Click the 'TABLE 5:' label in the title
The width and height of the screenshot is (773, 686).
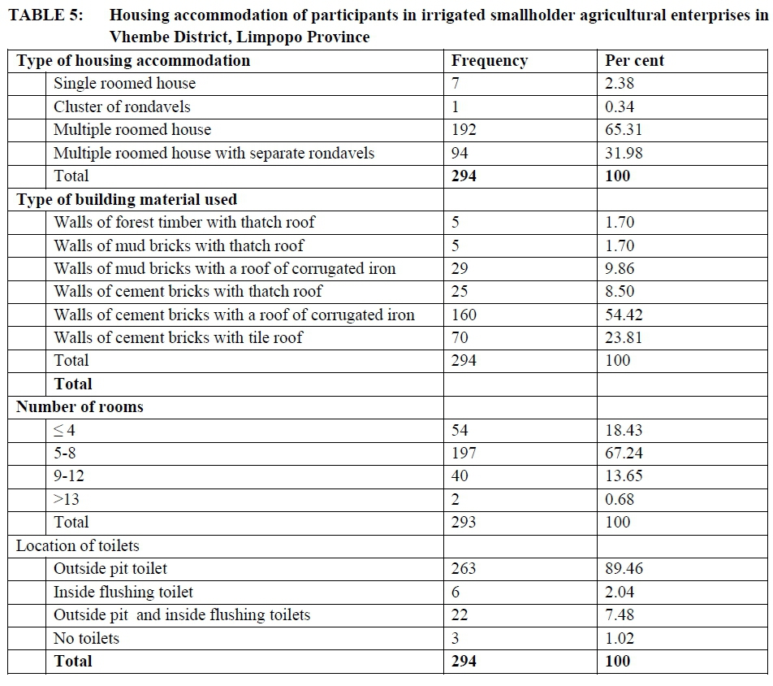tap(45, 15)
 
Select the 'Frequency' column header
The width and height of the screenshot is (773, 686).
tap(490, 61)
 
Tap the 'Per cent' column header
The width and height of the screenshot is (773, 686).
tap(634, 61)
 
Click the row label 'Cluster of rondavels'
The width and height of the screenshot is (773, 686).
tap(122, 106)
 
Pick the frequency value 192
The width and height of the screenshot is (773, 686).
tap(464, 130)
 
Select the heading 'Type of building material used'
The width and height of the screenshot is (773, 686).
tap(127, 200)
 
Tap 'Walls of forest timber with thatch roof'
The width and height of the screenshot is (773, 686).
tap(184, 222)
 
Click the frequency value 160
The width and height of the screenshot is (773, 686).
tap(464, 315)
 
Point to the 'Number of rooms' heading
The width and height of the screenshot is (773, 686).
tap(80, 407)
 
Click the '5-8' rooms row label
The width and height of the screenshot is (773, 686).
tap(65, 454)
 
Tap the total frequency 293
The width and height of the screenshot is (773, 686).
tap(464, 523)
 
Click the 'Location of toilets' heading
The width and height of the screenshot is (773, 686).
tap(78, 546)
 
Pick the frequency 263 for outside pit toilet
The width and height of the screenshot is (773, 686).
tap(464, 569)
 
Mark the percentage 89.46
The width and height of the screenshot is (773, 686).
tap(624, 569)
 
